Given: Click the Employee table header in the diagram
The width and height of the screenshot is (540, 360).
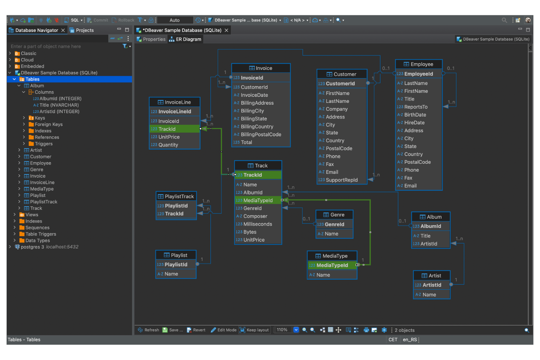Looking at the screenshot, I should coord(418,64).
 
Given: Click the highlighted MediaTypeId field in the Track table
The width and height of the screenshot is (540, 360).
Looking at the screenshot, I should coord(258,200).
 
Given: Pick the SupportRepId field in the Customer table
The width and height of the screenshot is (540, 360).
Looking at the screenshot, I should coord(342,180).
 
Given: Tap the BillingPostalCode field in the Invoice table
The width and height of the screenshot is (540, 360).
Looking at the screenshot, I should coord(261,135).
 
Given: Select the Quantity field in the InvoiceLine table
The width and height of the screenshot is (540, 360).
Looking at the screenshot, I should coord(168,145).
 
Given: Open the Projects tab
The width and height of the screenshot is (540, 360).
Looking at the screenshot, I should coord(85,30).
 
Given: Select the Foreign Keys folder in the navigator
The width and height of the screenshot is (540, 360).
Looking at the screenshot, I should coord(49,124).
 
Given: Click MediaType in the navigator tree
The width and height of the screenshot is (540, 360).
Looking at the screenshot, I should coord(42,189).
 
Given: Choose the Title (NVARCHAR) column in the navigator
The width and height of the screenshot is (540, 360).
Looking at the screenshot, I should coord(59,105).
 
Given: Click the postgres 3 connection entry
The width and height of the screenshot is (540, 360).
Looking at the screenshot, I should coord(32,247).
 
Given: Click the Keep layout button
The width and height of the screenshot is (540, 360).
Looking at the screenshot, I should coord(254,330).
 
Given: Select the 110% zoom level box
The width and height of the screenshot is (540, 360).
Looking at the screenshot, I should coord(282,330).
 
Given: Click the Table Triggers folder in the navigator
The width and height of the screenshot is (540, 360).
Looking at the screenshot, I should coord(40,234).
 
